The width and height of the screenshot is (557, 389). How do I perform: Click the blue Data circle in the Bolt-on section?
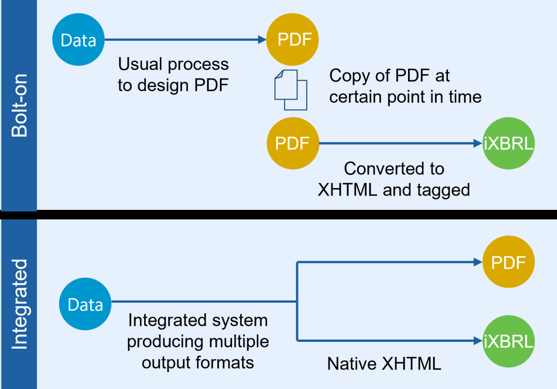(x=78, y=40)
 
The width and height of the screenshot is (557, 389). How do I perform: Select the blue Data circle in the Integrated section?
(x=85, y=305)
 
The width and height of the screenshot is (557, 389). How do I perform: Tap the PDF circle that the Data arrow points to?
(x=294, y=40)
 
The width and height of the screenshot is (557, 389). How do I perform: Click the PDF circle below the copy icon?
(x=293, y=144)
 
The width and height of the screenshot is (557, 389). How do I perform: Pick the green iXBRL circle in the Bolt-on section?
(x=508, y=144)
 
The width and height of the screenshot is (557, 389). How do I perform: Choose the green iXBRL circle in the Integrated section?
(x=508, y=341)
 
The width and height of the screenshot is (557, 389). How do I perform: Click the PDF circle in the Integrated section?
(x=508, y=262)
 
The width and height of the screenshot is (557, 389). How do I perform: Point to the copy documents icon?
(x=290, y=90)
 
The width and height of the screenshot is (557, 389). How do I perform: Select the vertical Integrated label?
(x=19, y=304)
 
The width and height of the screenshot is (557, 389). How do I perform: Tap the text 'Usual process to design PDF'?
(x=173, y=74)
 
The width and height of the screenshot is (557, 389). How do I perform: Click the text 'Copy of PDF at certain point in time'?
(x=405, y=86)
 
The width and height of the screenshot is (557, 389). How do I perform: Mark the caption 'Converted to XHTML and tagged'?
(x=394, y=179)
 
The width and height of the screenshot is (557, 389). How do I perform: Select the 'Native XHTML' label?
(x=384, y=364)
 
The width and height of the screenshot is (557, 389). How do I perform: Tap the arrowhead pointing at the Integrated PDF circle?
(x=476, y=262)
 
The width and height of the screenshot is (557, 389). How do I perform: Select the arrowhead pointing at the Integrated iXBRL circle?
(x=476, y=341)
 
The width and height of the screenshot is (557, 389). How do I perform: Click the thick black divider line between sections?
(x=278, y=214)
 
